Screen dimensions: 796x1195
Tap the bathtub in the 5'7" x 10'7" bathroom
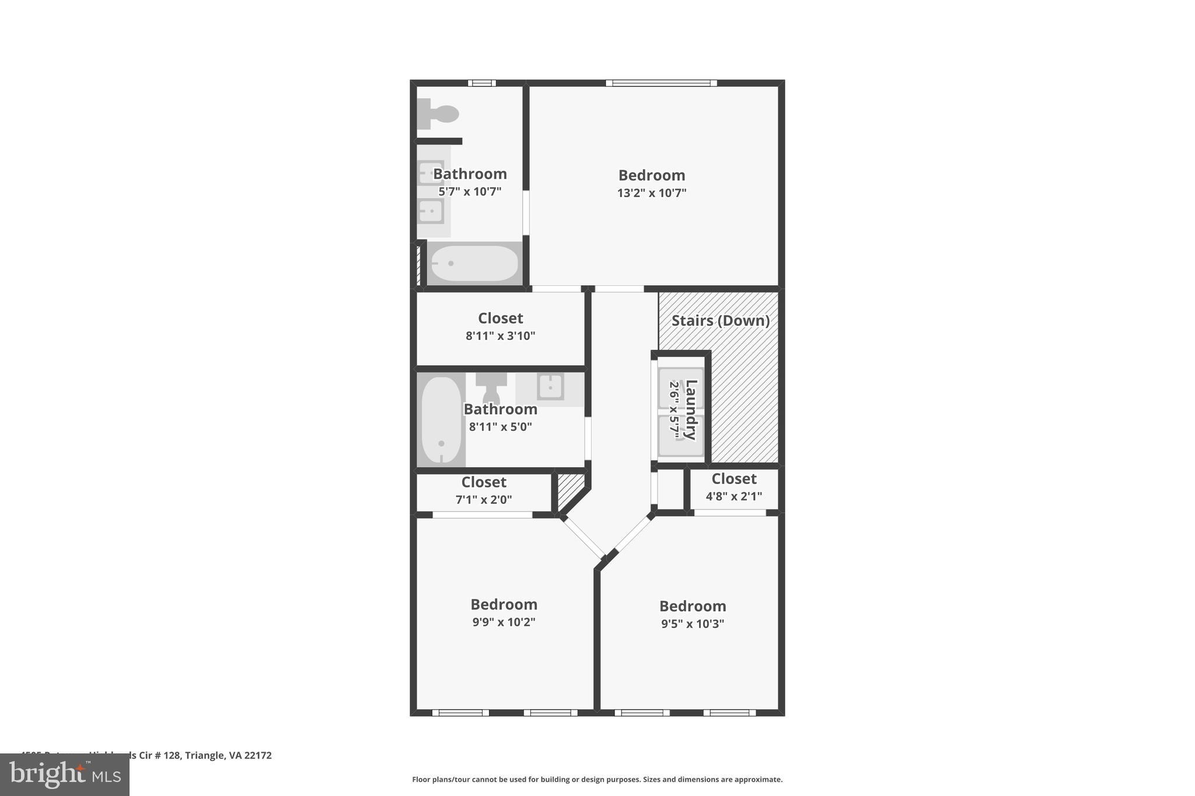tap(474, 264)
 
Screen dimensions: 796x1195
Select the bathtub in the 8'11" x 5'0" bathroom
tap(441, 419)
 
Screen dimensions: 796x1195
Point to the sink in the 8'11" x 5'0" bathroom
tap(550, 386)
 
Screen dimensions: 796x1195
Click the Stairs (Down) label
tap(720, 321)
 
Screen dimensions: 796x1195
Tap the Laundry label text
tap(691, 409)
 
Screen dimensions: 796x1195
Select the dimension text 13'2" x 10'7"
tap(651, 193)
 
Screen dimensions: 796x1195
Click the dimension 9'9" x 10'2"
tap(504, 622)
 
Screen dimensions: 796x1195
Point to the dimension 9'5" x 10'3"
tap(692, 624)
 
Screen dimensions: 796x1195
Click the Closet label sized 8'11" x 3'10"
tap(500, 318)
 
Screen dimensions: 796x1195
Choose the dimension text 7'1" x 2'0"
tap(483, 500)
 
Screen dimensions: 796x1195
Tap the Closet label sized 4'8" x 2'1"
tap(733, 479)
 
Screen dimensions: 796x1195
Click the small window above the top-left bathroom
tap(482, 83)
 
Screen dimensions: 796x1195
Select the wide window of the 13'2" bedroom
tap(661, 83)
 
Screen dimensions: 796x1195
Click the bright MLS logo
tap(65, 774)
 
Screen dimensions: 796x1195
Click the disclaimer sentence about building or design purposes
tap(597, 779)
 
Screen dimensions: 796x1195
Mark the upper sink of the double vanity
tap(431, 173)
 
